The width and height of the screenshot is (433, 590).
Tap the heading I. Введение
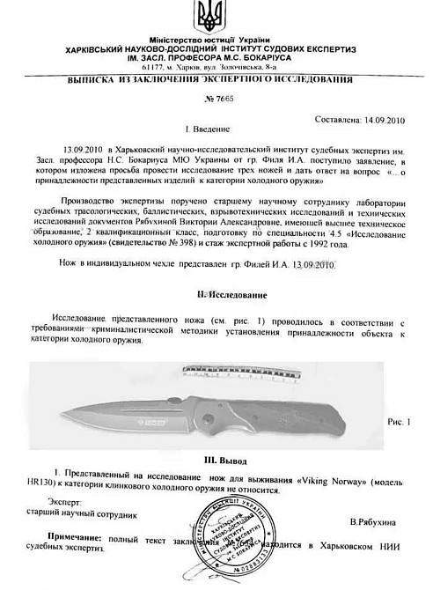click(x=217, y=129)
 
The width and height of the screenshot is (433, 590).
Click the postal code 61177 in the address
click(x=152, y=66)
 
